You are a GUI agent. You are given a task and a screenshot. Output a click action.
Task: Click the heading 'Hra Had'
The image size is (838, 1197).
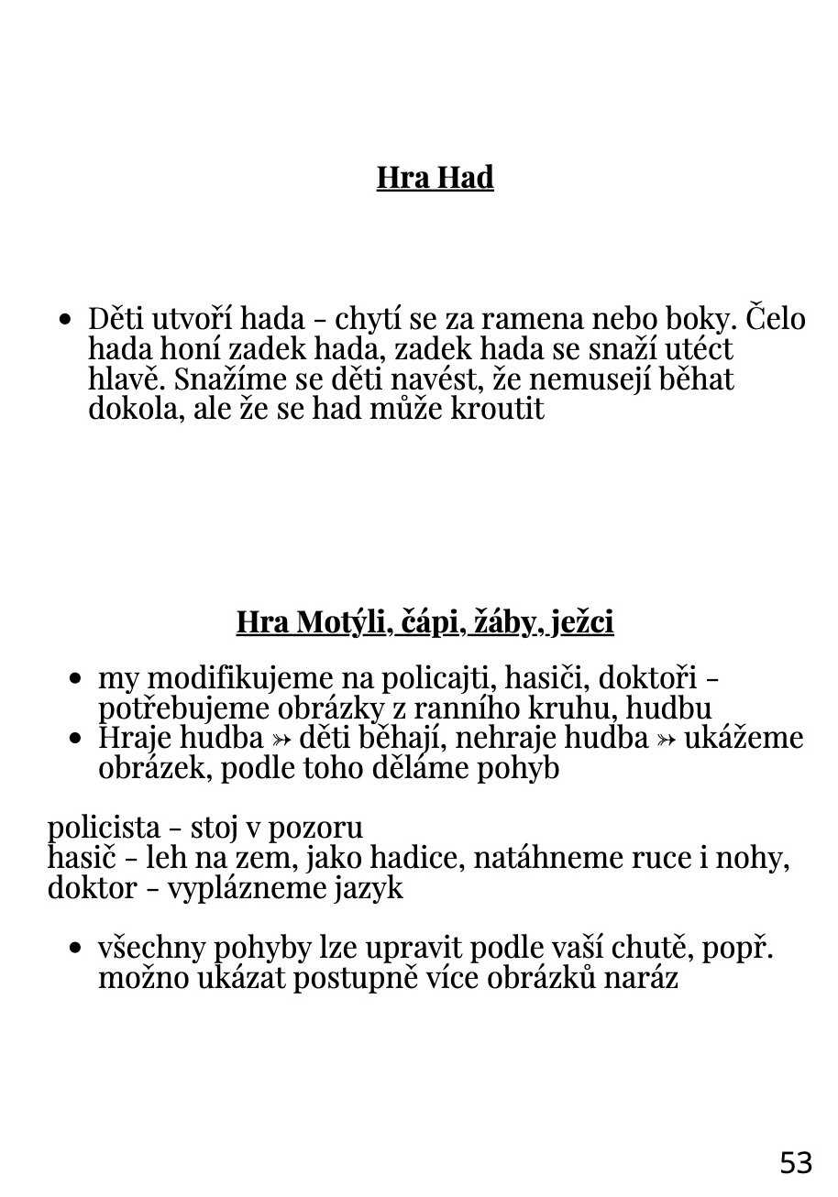point(435,177)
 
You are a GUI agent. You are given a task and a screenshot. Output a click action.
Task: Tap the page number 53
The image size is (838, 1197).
point(796,1162)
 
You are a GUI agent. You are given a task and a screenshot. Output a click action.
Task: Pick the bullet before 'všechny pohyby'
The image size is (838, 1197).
point(77,949)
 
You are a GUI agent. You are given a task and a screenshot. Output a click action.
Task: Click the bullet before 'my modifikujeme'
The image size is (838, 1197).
point(77,679)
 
